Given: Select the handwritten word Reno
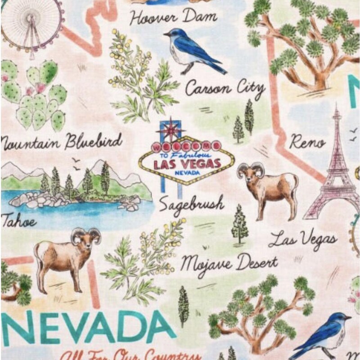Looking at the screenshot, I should (307, 142).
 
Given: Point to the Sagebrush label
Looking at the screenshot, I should (191, 204).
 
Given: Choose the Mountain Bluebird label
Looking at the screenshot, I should (61, 142).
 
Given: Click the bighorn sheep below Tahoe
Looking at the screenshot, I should (67, 256).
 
